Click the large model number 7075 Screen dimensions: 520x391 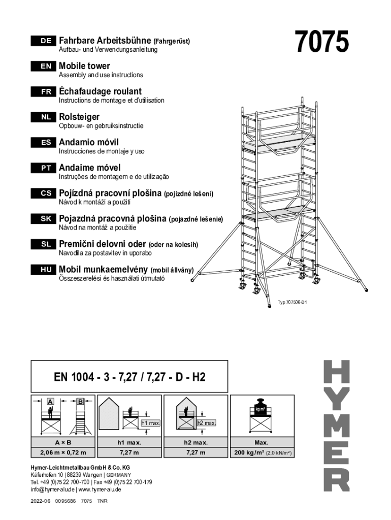(x=322, y=42)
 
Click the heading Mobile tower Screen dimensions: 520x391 (x=84, y=66)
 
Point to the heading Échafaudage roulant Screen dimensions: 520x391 (x=100, y=91)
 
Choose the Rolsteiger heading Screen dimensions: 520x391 (x=79, y=117)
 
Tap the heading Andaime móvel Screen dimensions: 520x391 (x=90, y=168)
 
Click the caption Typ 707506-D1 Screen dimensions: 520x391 (x=292, y=303)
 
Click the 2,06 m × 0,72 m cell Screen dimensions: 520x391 (x=63, y=452)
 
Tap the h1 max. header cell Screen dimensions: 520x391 (x=129, y=442)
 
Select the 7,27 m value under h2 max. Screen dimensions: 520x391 (x=195, y=452)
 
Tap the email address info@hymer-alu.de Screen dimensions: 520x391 (x=52, y=490)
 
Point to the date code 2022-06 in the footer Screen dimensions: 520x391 (x=40, y=501)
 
